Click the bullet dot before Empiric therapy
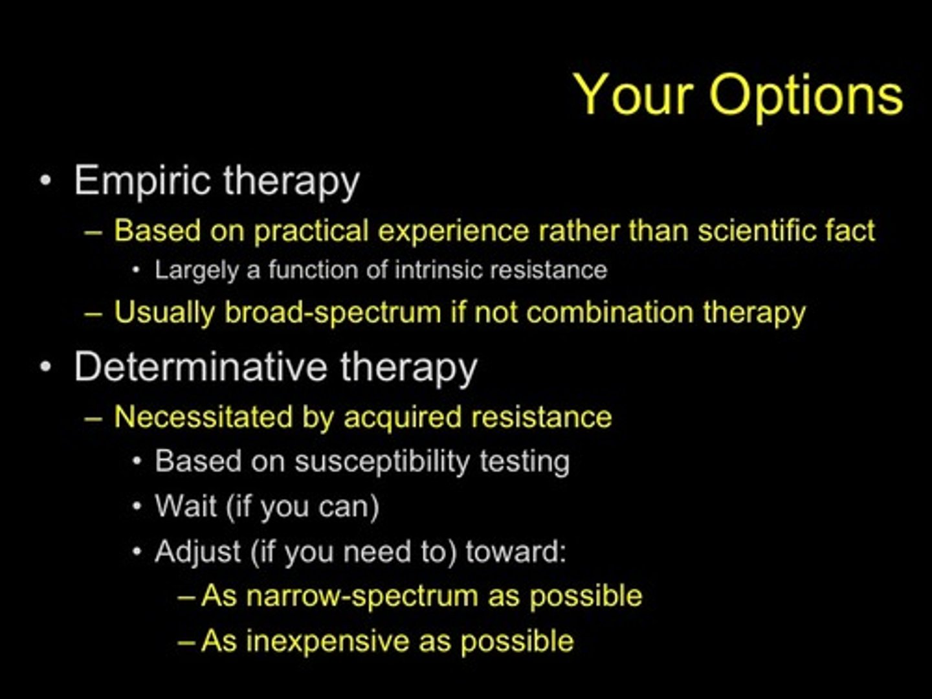(x=45, y=181)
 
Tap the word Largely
(x=196, y=271)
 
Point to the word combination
(x=610, y=312)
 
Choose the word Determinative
(x=201, y=367)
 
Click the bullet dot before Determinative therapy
(x=45, y=367)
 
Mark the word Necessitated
(x=203, y=417)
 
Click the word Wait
(x=185, y=506)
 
